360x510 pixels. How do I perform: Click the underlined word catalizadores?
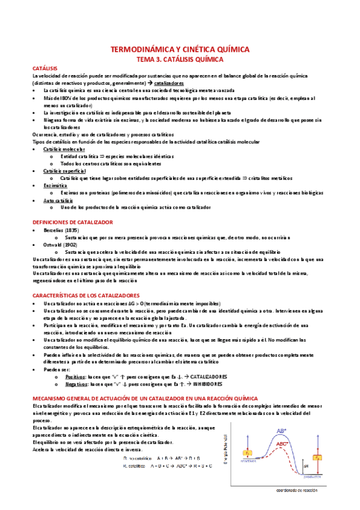(x=169, y=84)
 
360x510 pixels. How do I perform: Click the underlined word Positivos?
(x=75, y=376)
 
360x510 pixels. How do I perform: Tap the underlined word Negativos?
(x=76, y=383)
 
